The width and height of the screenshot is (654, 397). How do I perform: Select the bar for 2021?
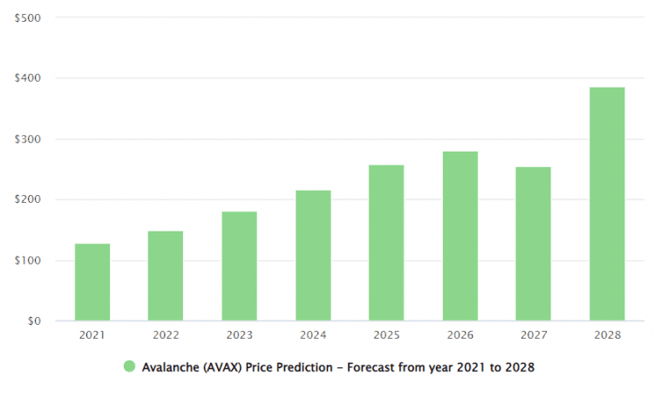[x=92, y=282]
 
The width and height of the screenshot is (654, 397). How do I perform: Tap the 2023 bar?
[x=239, y=266]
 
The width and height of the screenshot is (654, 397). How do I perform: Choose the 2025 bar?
[x=386, y=243]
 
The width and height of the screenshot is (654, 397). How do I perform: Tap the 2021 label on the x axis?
[x=92, y=335]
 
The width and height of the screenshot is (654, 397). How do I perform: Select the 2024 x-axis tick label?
[x=313, y=335]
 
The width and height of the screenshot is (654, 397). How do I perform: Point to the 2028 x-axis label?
[x=607, y=335]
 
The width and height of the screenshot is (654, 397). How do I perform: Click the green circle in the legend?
[x=130, y=367]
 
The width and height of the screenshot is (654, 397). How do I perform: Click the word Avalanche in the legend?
[x=171, y=367]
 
